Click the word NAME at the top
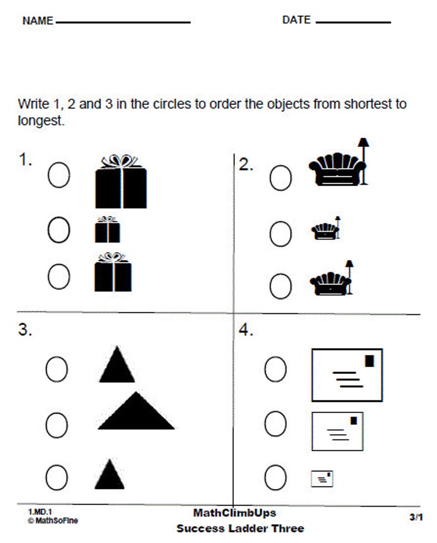(37, 21)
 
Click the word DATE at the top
(296, 20)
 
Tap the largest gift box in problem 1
(121, 187)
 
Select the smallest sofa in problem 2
(322, 231)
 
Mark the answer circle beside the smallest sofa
(280, 234)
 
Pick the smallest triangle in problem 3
(110, 475)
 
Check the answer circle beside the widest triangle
(57, 423)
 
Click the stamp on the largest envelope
(369, 361)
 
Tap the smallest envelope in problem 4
(323, 479)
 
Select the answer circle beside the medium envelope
(275, 423)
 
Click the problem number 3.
(25, 330)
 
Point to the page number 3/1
(416, 517)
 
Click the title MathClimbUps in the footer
(234, 513)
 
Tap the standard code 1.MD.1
(36, 512)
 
